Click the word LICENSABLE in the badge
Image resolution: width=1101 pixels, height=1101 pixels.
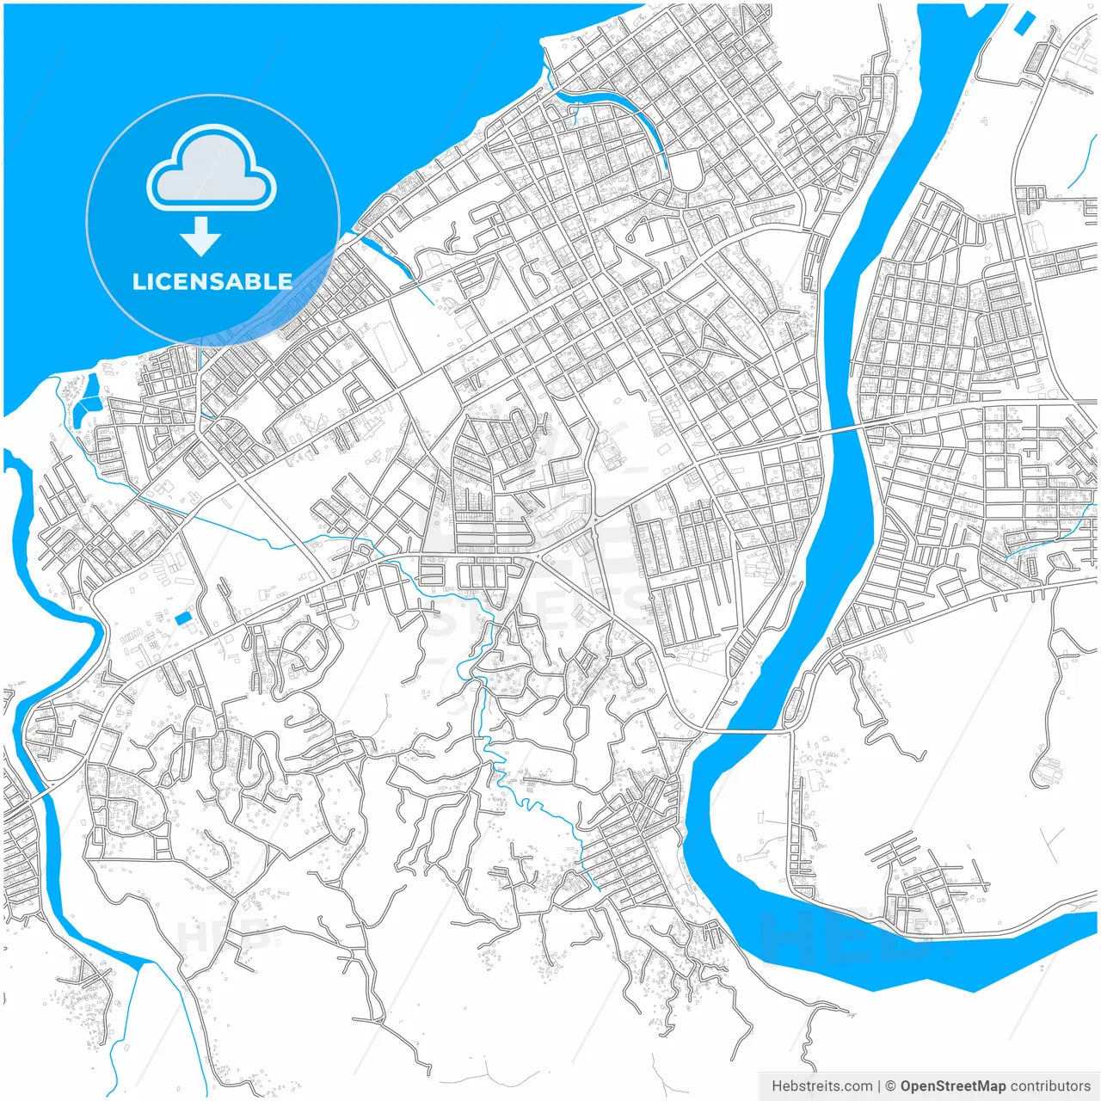click(x=212, y=281)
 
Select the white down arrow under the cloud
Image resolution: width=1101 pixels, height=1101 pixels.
click(x=201, y=237)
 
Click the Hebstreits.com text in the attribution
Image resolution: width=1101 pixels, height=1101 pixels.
click(x=821, y=1086)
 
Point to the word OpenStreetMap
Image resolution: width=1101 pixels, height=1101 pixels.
click(x=953, y=1086)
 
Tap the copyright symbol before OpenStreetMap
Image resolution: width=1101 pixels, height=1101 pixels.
click(x=891, y=1086)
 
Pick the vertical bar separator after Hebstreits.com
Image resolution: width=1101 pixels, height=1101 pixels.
click(x=879, y=1086)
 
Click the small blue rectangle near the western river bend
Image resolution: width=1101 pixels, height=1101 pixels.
click(x=184, y=618)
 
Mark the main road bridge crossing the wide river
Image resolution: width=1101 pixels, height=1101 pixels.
click(x=840, y=430)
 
